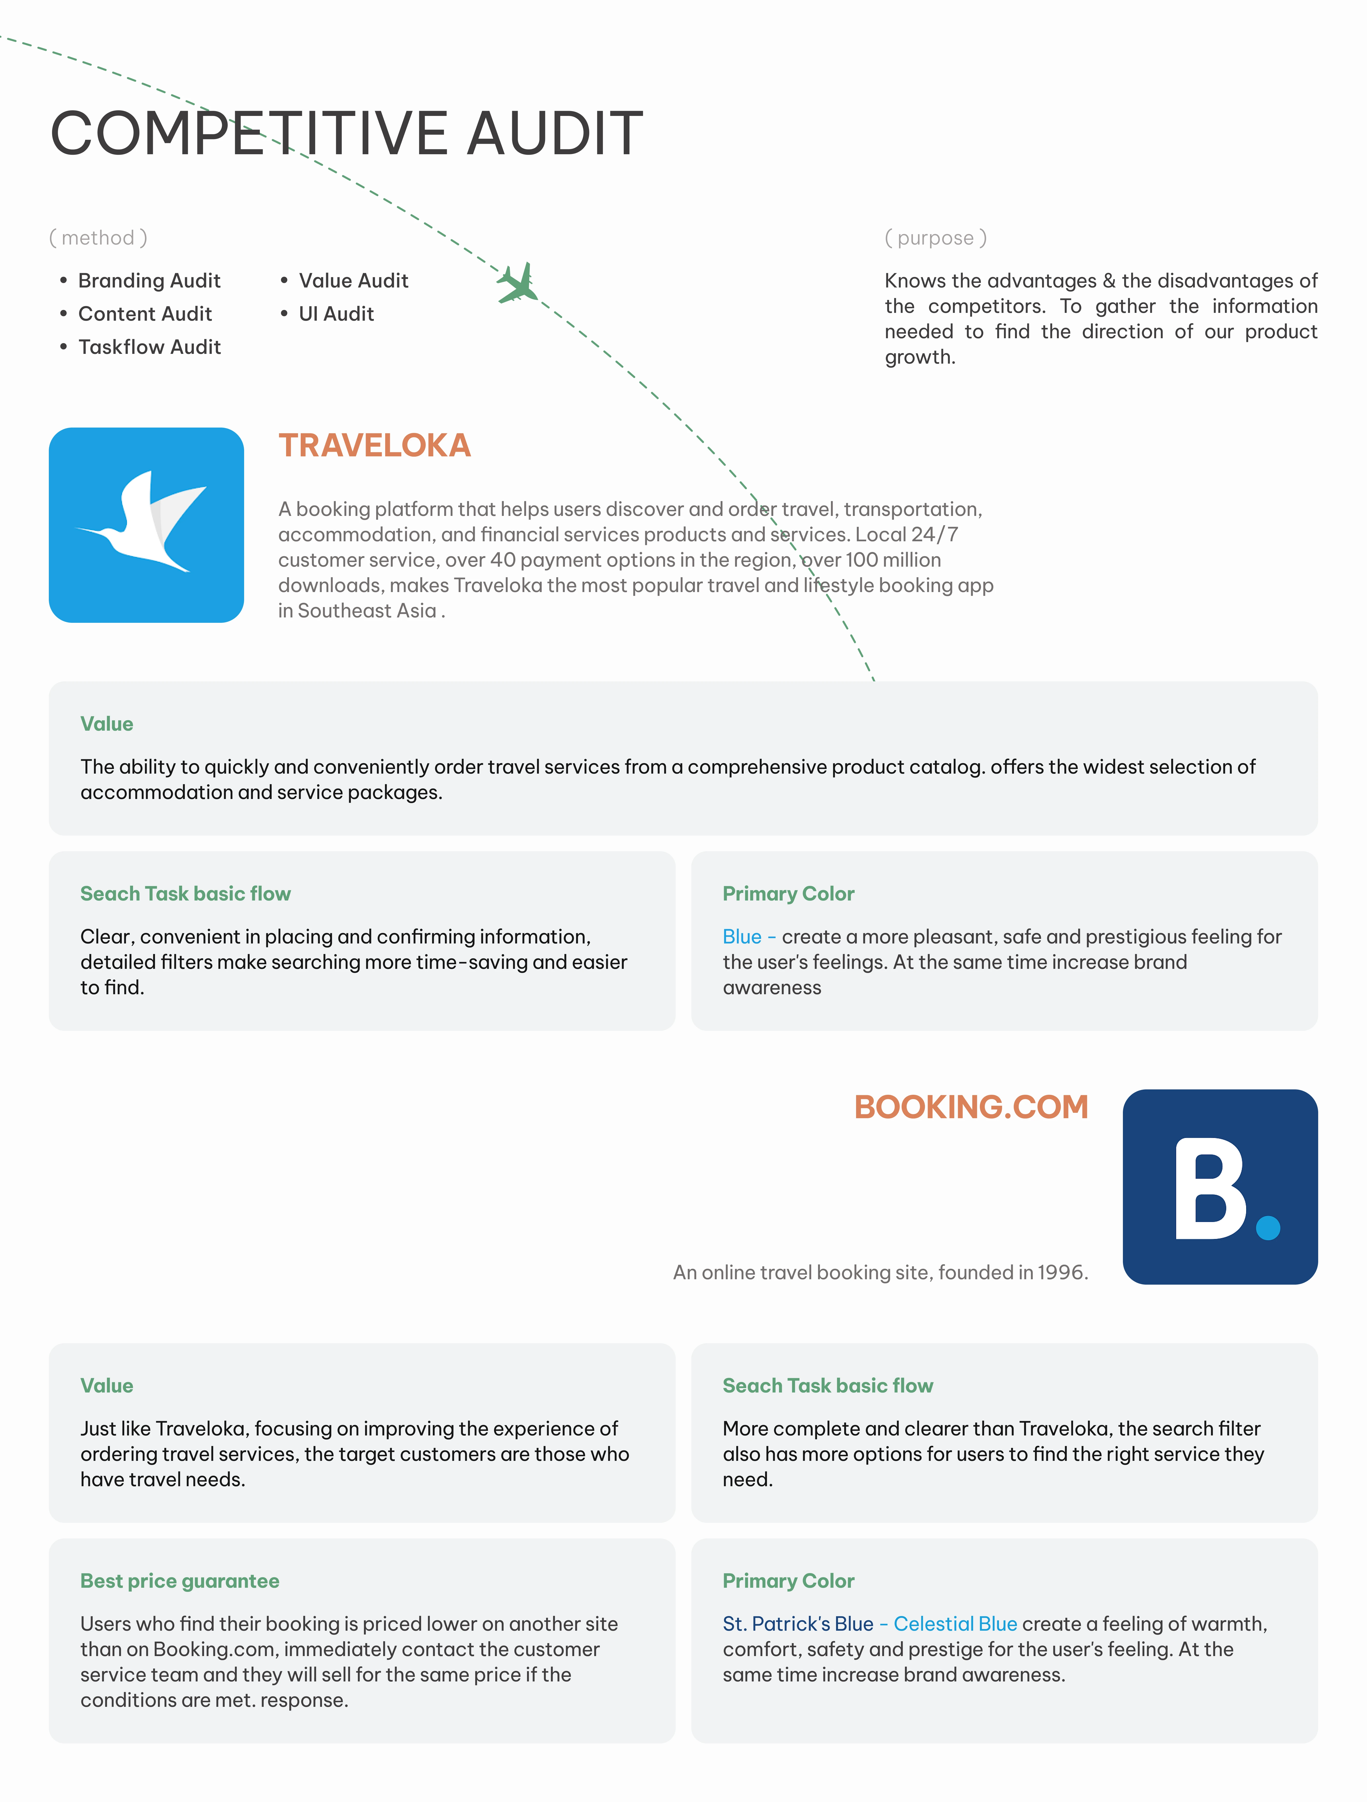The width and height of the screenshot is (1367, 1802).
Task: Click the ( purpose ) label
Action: (935, 238)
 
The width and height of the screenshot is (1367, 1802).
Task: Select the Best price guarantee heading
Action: (179, 1581)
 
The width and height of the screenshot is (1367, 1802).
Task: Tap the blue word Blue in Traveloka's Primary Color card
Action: (741, 937)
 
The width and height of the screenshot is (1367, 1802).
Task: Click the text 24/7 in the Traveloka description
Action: (934, 534)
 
